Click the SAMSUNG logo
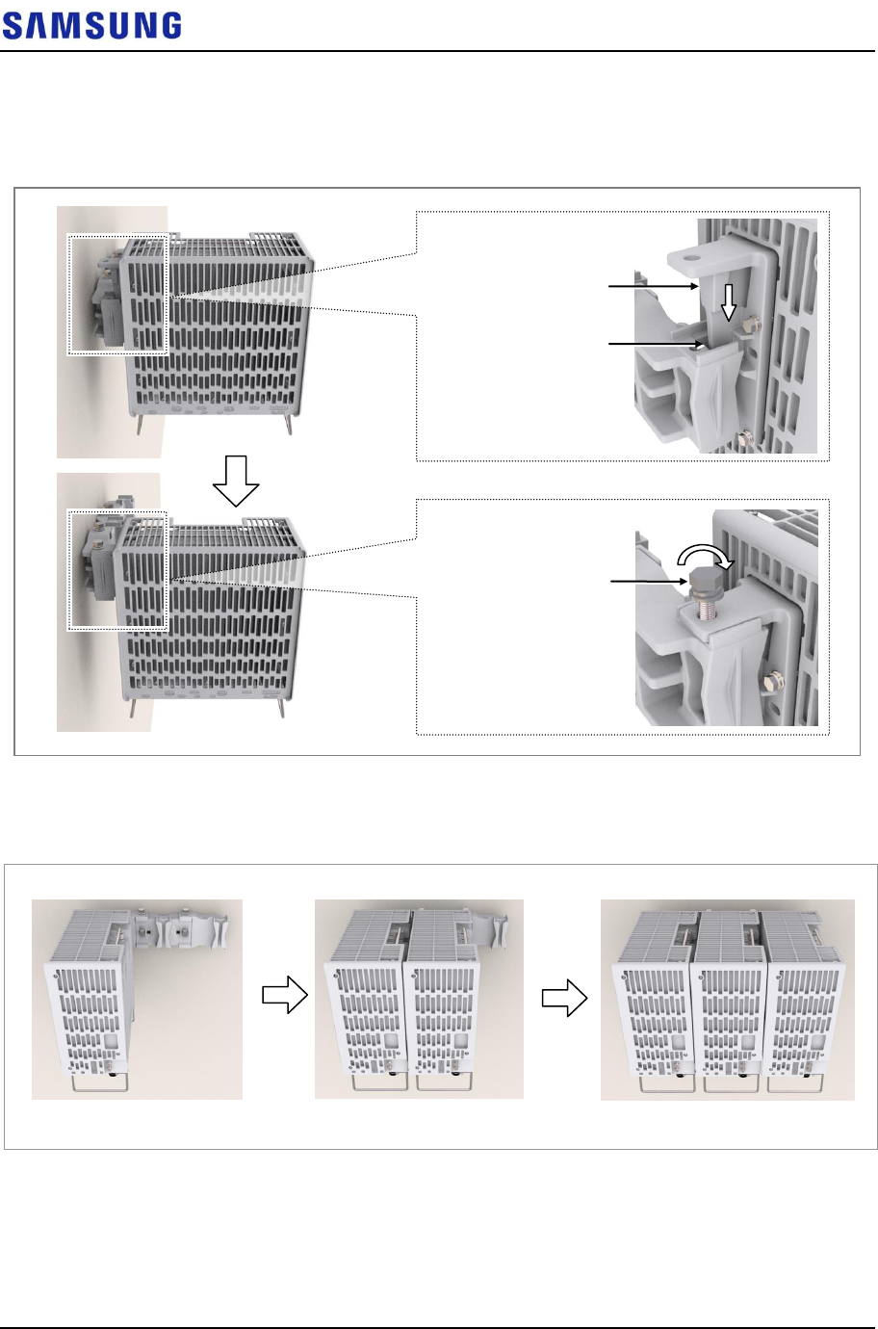point(91,26)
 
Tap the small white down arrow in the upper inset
point(729,301)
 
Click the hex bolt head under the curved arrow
point(702,581)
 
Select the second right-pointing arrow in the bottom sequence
point(564,999)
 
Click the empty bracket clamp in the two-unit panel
point(499,933)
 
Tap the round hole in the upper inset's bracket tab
point(689,258)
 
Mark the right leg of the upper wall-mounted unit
point(289,424)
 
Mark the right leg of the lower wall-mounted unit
point(281,708)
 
